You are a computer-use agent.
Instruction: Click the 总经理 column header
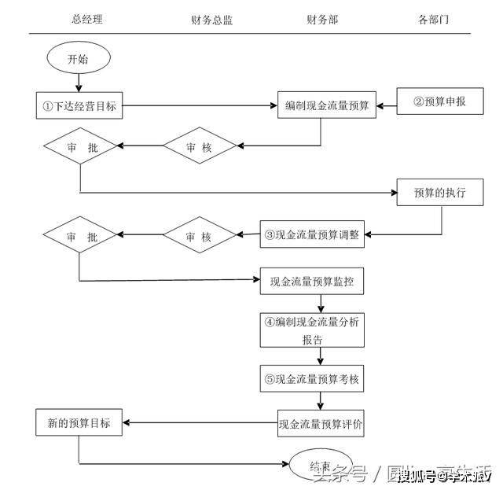(x=86, y=20)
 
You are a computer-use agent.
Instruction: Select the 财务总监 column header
(x=211, y=20)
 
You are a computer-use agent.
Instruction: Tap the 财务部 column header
(x=322, y=20)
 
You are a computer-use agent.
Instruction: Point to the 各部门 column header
(x=434, y=20)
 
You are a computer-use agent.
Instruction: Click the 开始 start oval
(x=79, y=58)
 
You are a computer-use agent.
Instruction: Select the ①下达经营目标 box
(x=80, y=105)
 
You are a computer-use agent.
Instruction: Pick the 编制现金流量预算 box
(x=327, y=105)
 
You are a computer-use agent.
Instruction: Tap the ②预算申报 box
(x=439, y=101)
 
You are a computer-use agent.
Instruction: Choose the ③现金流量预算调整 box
(x=312, y=234)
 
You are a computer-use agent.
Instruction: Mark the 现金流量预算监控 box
(x=312, y=281)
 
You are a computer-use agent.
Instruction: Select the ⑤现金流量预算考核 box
(x=312, y=379)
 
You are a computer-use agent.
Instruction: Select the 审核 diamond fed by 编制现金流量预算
(x=200, y=146)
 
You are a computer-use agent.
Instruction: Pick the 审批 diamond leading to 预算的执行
(x=81, y=146)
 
